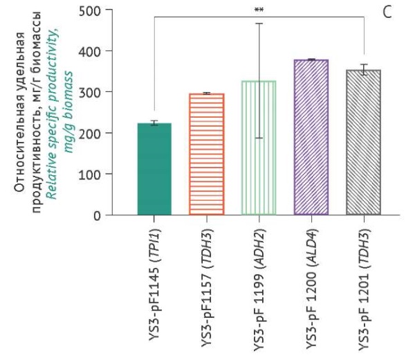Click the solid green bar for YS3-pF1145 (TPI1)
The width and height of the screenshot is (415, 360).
coord(154,170)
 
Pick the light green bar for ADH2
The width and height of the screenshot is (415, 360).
coord(259,148)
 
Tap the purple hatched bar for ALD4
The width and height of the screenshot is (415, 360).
coord(311,138)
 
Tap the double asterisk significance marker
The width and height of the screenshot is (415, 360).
coord(259,10)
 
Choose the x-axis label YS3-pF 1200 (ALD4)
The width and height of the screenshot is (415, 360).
coord(311,287)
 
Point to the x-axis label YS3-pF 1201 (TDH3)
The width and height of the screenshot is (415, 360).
coord(364,287)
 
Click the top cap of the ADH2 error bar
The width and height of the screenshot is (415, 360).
coord(259,24)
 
